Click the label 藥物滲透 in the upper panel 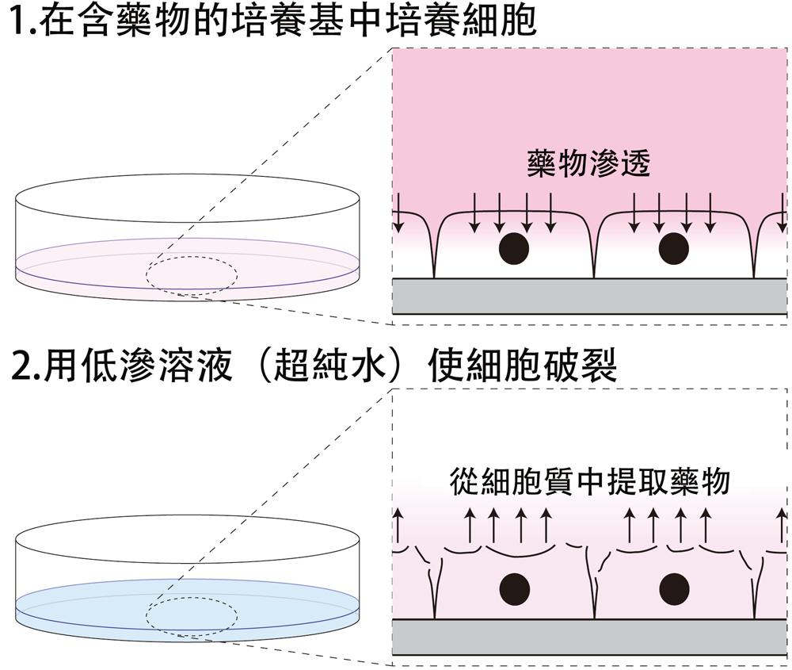click(x=588, y=163)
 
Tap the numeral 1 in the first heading click(x=17, y=25)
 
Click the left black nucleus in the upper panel click(x=514, y=249)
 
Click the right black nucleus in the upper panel click(x=674, y=249)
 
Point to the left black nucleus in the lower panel click(x=514, y=588)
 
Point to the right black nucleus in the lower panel click(x=674, y=588)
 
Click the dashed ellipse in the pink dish click(x=191, y=274)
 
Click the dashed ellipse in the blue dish click(x=191, y=615)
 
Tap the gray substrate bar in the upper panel click(x=590, y=297)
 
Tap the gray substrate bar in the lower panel click(x=590, y=637)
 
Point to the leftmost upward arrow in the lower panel click(x=399, y=527)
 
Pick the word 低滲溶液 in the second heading click(x=163, y=366)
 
